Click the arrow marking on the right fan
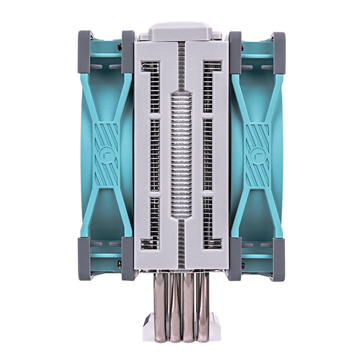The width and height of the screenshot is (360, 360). [255, 156]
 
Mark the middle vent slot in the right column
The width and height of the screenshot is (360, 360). [207, 155]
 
